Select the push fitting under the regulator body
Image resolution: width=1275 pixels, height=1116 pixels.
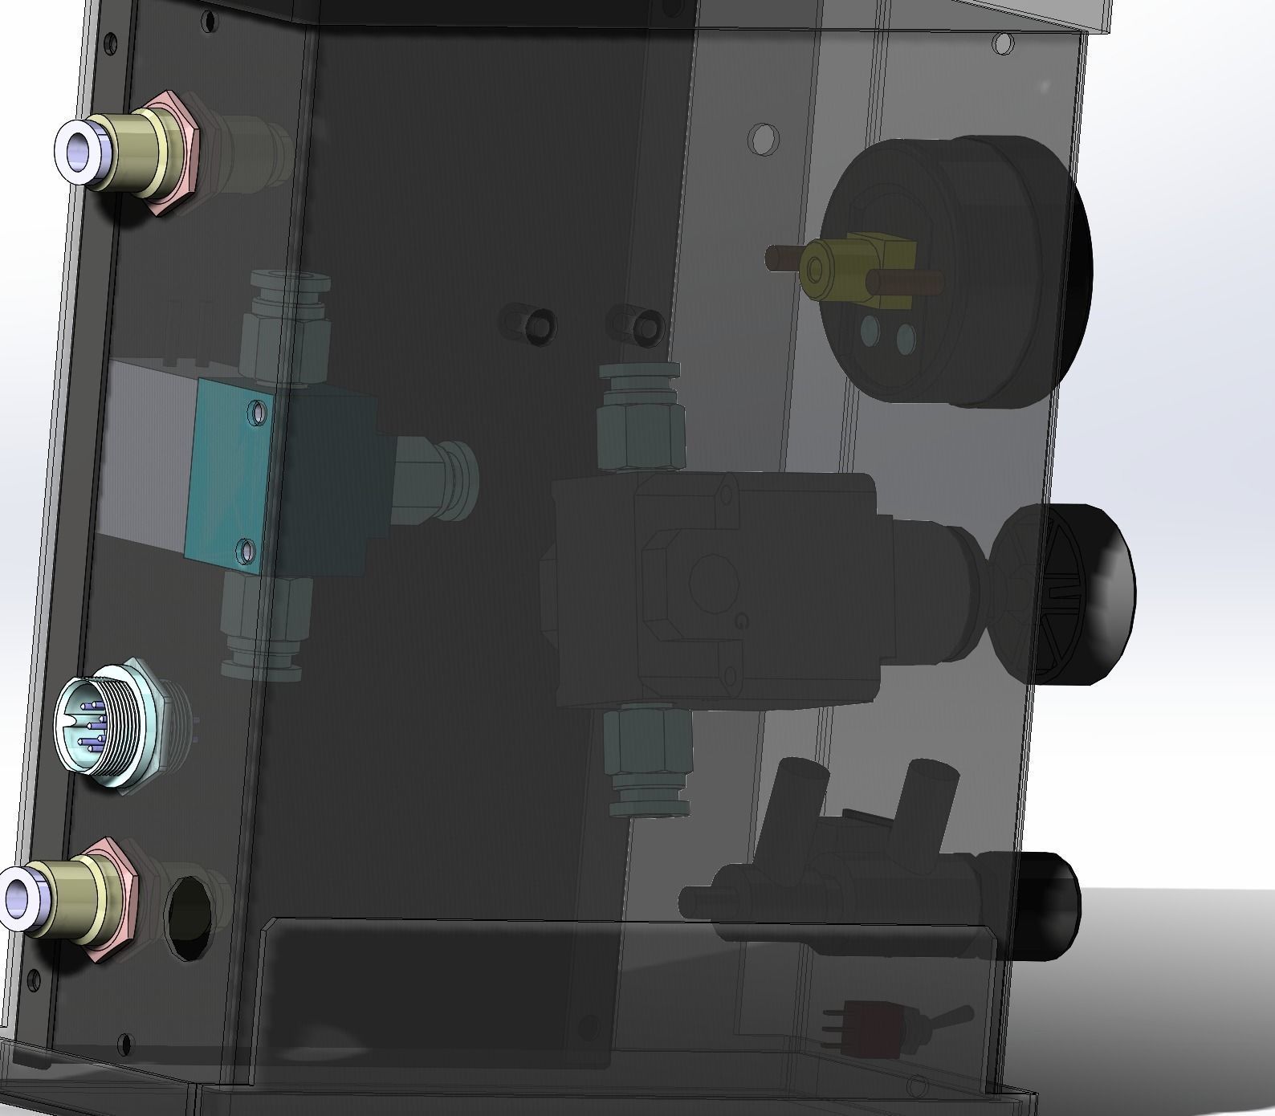(x=649, y=763)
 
